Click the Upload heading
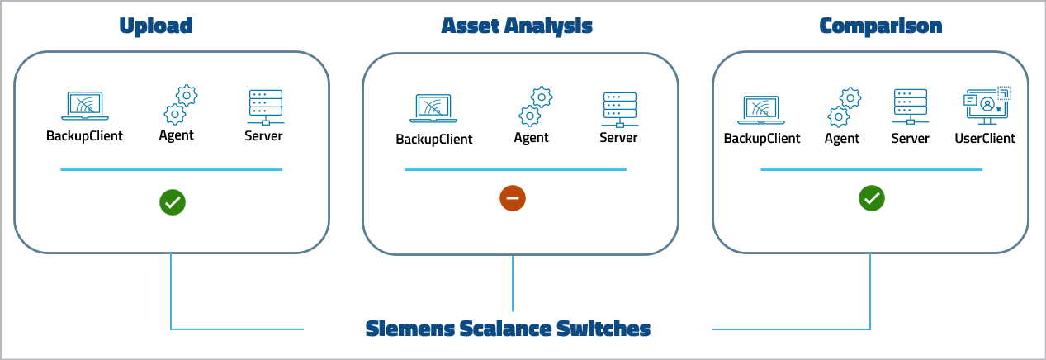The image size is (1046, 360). click(156, 26)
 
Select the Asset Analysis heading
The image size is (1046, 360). click(517, 26)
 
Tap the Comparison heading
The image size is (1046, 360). click(880, 26)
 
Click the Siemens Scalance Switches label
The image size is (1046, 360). click(508, 329)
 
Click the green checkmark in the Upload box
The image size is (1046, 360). click(173, 201)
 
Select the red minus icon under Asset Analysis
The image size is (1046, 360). click(512, 198)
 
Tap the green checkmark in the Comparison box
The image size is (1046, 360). click(872, 198)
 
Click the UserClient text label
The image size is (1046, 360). click(985, 138)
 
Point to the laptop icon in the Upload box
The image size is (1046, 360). click(84, 107)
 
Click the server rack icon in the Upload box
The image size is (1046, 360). click(265, 107)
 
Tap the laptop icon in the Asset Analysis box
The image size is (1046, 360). click(433, 109)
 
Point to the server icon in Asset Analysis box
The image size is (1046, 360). click(619, 109)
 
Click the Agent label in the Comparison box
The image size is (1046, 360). click(842, 138)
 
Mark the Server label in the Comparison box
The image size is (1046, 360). click(910, 138)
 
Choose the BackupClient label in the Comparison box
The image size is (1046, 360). click(762, 138)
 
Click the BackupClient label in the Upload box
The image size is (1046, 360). click(84, 135)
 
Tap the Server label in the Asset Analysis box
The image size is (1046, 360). click(618, 137)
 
